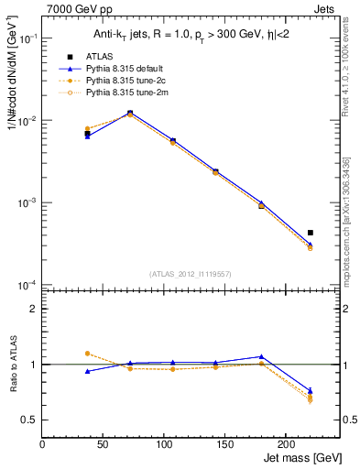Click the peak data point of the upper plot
click(130, 113)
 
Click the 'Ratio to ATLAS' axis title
click(11, 365)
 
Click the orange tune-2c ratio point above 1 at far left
click(87, 353)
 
